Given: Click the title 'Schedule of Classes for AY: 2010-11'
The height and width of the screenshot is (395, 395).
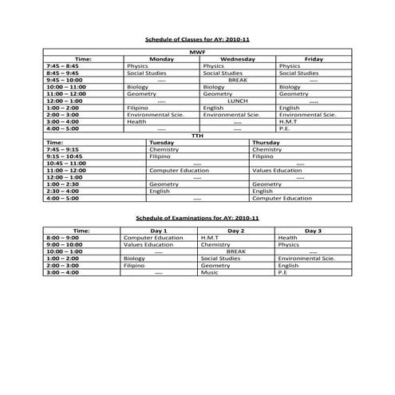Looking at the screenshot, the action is click(197, 38).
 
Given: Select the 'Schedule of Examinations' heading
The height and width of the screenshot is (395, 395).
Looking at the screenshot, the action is click(197, 217).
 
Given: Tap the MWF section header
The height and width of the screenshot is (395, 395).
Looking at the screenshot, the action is click(197, 51).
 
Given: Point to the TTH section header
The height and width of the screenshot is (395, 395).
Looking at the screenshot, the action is click(197, 135).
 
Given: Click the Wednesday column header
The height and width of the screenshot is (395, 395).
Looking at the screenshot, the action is click(237, 58).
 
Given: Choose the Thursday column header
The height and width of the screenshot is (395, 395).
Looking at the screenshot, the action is click(266, 142).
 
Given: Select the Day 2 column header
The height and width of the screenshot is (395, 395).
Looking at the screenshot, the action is click(236, 230).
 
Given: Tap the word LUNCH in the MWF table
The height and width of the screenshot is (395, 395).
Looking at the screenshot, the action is click(237, 101).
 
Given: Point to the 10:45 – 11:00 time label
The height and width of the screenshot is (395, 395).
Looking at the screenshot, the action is click(66, 163).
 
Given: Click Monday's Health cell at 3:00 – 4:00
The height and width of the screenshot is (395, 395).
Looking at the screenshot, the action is click(136, 121).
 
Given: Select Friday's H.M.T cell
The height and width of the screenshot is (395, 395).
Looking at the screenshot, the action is click(288, 121).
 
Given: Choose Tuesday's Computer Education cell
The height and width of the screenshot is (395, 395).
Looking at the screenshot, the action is click(179, 170).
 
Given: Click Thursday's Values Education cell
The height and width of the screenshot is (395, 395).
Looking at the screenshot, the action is click(277, 170).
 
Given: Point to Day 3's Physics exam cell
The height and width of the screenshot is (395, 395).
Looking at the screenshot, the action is click(288, 244).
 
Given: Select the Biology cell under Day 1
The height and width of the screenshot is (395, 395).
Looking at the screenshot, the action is click(134, 259).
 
